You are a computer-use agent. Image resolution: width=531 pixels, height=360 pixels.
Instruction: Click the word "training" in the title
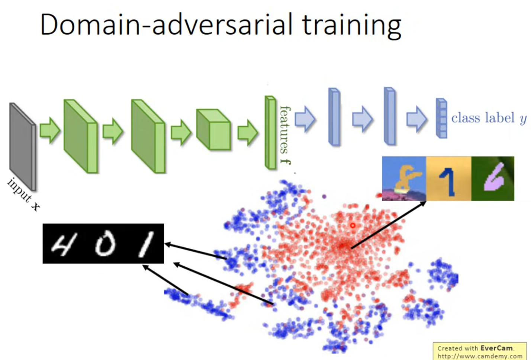tap(352, 25)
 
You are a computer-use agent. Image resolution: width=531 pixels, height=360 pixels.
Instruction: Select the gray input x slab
tap(23, 147)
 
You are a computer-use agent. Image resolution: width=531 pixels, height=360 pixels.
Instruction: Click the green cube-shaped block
tap(213, 129)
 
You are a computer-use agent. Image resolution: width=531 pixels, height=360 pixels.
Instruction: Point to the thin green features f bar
tap(270, 132)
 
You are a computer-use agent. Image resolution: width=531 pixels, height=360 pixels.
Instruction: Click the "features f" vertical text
tap(286, 135)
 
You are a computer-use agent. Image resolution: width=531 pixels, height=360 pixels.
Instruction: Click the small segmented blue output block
tap(442, 118)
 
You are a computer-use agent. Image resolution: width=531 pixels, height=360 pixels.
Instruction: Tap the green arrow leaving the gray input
tap(50, 131)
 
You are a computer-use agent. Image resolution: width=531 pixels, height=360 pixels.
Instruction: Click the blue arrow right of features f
tap(305, 119)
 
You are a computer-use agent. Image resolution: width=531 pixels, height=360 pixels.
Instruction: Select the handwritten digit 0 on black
tap(104, 244)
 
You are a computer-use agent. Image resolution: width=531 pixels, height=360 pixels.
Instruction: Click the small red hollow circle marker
tap(353, 225)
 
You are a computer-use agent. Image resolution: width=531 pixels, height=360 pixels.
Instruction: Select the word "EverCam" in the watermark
tap(497, 348)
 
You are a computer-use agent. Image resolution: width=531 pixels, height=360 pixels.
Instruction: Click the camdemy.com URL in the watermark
tap(480, 356)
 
